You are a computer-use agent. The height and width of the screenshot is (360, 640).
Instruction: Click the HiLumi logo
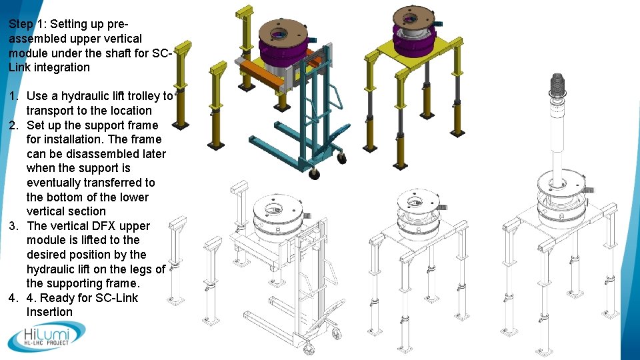[47, 336]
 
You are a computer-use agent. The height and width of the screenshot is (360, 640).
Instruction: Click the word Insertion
[49, 312]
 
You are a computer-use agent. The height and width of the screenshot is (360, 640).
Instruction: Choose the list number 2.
[14, 125]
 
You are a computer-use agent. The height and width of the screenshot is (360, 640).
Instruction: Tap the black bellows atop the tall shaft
[556, 86]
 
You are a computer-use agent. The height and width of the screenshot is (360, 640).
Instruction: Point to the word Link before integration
[23, 67]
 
